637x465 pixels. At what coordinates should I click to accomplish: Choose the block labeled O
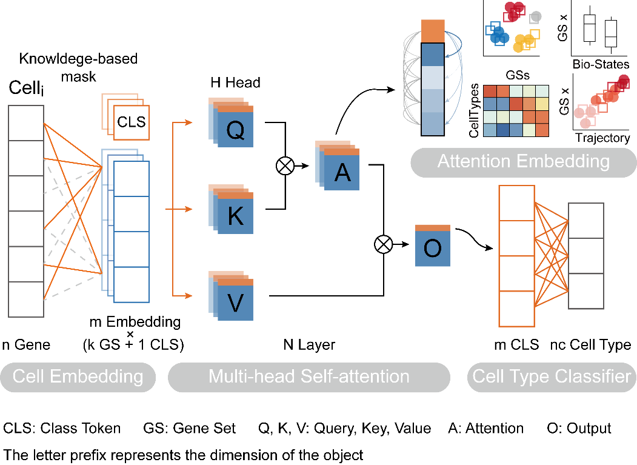point(432,247)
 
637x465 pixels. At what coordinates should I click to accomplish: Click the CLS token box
point(132,122)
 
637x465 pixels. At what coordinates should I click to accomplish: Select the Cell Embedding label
point(78,376)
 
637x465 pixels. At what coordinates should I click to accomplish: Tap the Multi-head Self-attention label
point(308,376)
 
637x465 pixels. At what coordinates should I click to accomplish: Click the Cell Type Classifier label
point(551,376)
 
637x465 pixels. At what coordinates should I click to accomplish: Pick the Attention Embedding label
point(523,161)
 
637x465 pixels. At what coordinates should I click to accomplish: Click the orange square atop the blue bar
point(433,31)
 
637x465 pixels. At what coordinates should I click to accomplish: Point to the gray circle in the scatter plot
point(536,17)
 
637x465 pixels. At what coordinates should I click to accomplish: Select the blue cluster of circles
point(499,36)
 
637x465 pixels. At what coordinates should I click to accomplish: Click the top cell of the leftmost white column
point(26,123)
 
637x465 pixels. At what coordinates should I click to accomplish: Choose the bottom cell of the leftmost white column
point(26,299)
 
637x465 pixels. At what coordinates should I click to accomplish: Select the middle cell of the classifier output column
point(586,256)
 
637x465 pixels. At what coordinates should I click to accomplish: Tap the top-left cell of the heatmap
point(490,91)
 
